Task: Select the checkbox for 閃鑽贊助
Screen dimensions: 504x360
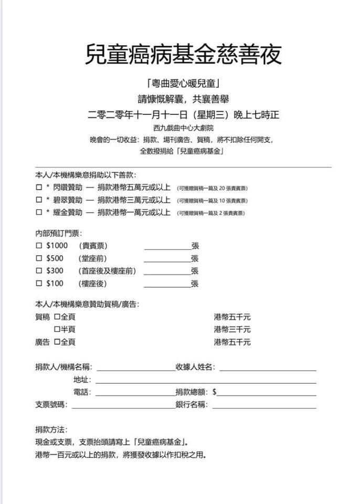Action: tap(38, 187)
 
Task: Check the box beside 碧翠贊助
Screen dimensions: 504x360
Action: tap(38, 200)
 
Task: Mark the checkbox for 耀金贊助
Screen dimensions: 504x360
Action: tap(38, 213)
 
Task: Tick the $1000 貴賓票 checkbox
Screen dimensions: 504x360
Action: tap(38, 246)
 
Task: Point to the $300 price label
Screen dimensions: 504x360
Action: tap(55, 271)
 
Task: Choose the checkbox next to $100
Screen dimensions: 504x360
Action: tap(38, 283)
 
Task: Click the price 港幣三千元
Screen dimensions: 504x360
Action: tap(232, 330)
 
